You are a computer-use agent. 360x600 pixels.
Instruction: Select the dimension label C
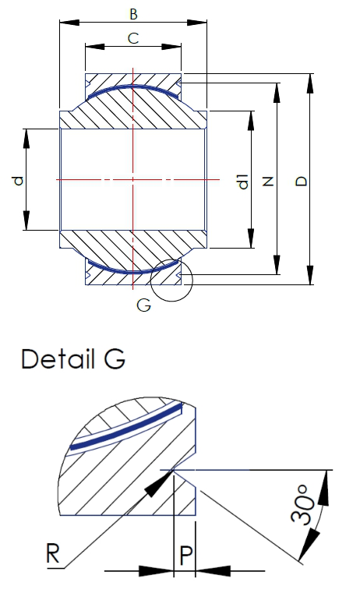[x=133, y=37]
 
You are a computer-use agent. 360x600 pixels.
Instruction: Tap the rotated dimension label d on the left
[x=18, y=181]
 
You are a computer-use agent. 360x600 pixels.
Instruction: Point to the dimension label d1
[x=243, y=182]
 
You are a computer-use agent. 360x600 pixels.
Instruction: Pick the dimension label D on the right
[x=302, y=182]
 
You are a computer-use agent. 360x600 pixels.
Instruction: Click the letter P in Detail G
[x=184, y=556]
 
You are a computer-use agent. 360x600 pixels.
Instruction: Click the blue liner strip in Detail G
[x=125, y=427]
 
